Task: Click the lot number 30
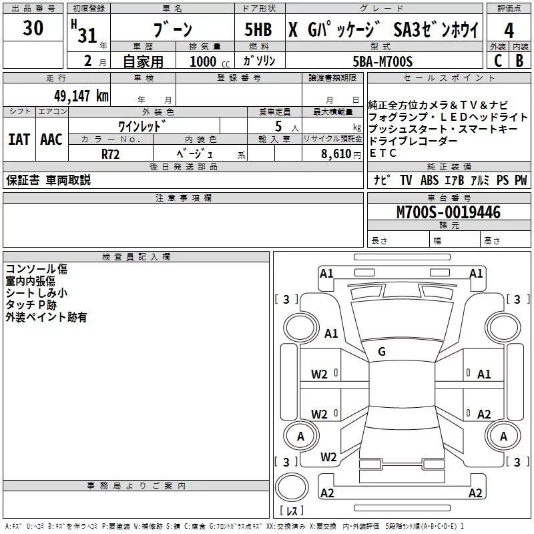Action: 33,29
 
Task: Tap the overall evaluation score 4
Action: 509,30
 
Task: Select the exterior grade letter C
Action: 497,60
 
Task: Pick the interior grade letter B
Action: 519,60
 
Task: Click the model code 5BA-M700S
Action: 382,61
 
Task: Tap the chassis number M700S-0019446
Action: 448,212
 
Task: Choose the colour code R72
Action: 111,153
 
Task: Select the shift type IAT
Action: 19,140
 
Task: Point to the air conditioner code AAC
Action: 51,140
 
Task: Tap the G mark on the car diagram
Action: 381,351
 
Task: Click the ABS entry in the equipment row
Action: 429,180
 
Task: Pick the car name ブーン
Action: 172,30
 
